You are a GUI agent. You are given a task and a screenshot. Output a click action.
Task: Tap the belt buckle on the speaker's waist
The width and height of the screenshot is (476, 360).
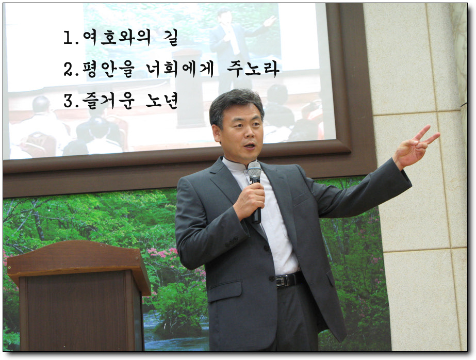tap(281, 281)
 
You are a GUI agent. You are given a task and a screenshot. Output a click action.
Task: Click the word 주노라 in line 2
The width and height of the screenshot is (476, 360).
tap(253, 69)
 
